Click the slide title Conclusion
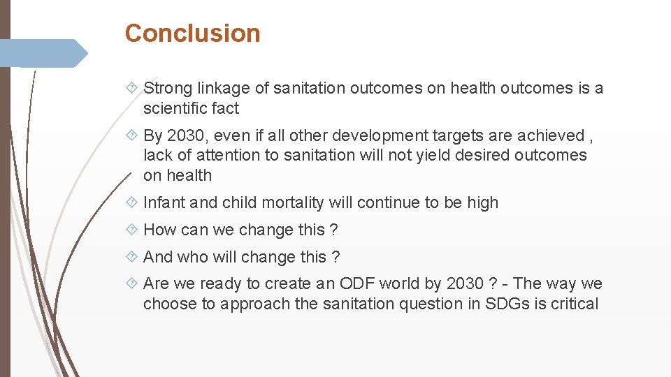coord(192,33)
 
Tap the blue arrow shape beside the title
coord(42,54)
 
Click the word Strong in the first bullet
coord(168,88)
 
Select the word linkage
coord(224,88)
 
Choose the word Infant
coord(164,202)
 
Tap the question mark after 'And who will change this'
coord(336,257)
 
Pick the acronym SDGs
coord(507,304)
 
